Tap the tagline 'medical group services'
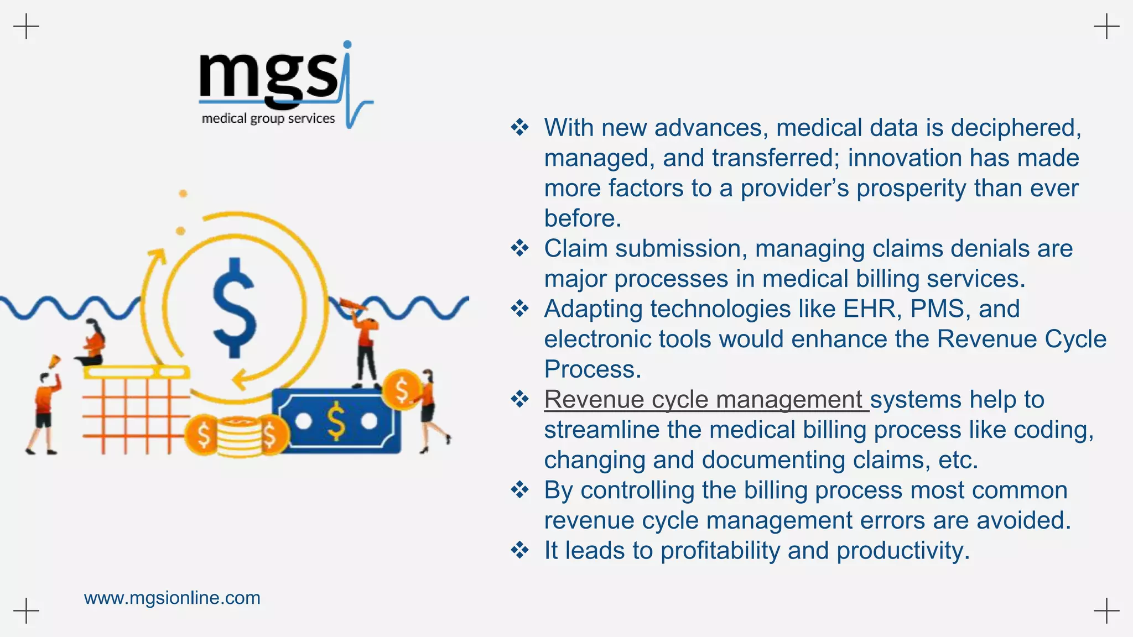[x=268, y=118]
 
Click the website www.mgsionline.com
[x=172, y=598]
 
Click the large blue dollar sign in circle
[x=235, y=308]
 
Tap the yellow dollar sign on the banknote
[x=336, y=421]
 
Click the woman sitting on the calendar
[x=94, y=343]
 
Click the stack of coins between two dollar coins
[x=237, y=436]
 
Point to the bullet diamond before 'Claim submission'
[x=519, y=248]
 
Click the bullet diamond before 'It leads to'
[x=519, y=550]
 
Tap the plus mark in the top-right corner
[x=1106, y=27]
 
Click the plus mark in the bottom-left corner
[x=26, y=610]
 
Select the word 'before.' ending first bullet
[x=583, y=218]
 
